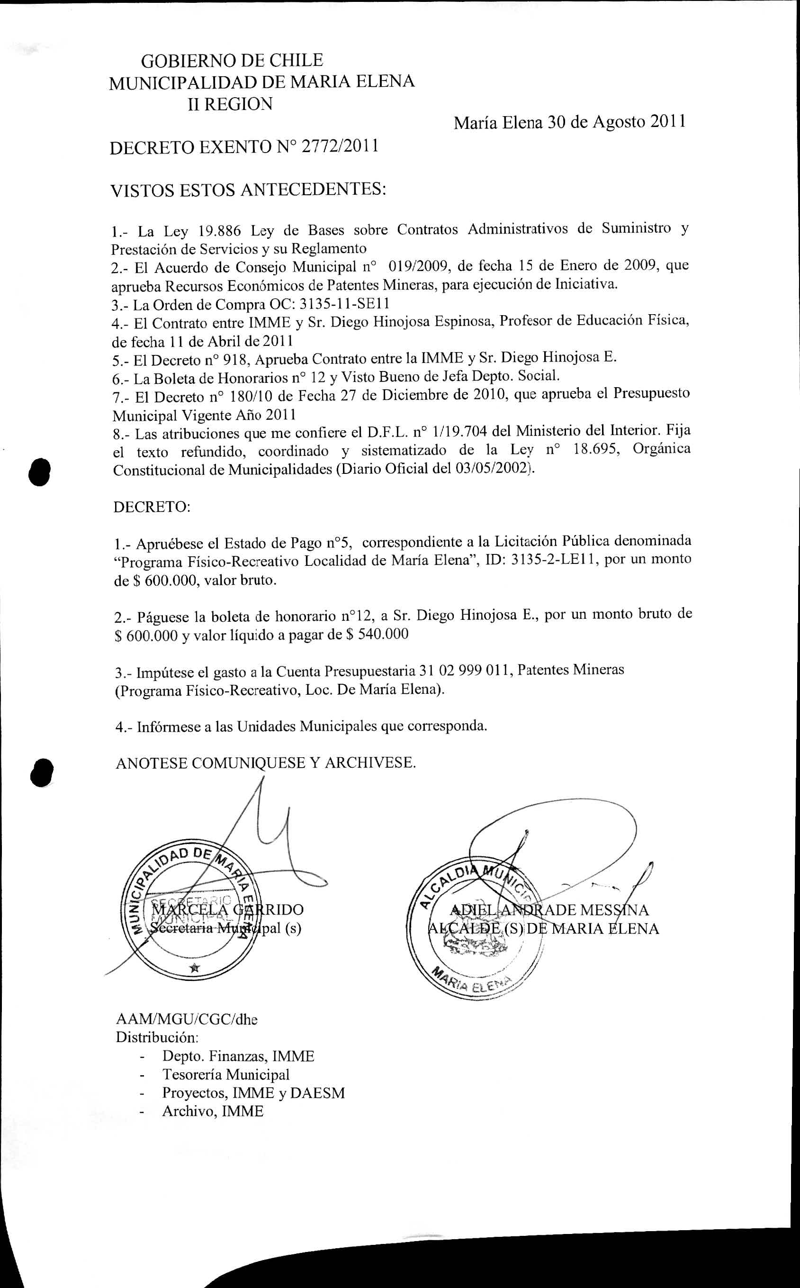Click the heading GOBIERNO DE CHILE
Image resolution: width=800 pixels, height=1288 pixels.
[232, 60]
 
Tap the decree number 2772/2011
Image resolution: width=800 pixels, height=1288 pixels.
[339, 146]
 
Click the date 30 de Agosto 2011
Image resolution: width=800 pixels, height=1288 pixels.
[616, 122]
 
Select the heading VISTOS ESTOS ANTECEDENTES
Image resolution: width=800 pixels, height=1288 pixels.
[248, 190]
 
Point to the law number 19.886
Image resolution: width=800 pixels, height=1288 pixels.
[219, 231]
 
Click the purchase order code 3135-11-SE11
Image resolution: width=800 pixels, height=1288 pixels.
[344, 304]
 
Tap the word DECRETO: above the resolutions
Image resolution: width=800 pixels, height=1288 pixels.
[152, 507]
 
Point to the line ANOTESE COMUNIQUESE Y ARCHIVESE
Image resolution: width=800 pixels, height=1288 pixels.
[266, 763]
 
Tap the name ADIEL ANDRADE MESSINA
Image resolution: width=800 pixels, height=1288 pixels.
[548, 909]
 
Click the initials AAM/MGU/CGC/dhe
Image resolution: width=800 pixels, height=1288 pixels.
[186, 1019]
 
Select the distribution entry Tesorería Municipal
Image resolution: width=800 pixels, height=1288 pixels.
[226, 1075]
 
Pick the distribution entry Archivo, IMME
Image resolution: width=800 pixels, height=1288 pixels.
[213, 1111]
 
